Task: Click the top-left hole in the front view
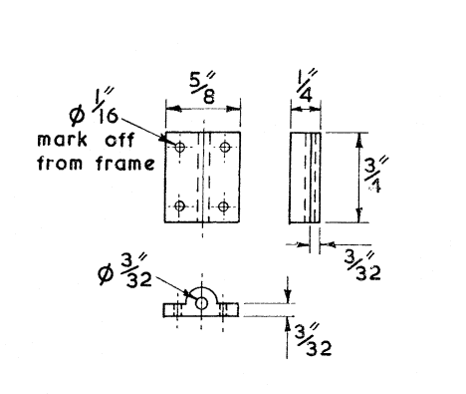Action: click(x=180, y=148)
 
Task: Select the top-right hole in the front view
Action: click(x=226, y=148)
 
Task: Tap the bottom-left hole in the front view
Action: click(x=180, y=206)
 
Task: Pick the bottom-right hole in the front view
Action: click(x=225, y=206)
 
